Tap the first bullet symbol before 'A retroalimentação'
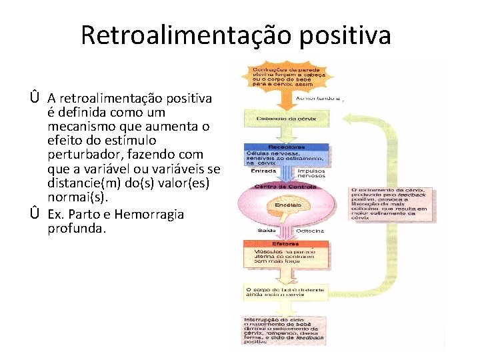tap(33, 99)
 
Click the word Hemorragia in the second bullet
tap(149, 215)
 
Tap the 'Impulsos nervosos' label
tap(311, 173)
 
